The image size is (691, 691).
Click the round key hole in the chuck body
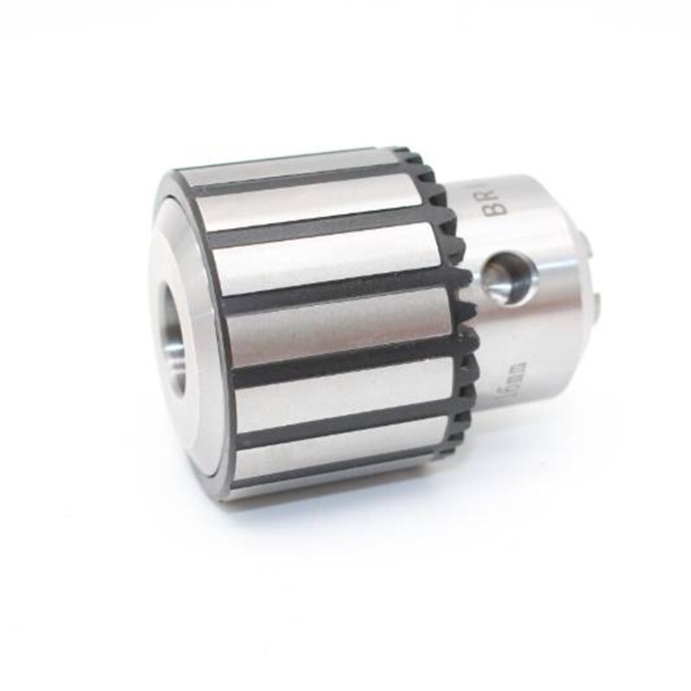510,278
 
